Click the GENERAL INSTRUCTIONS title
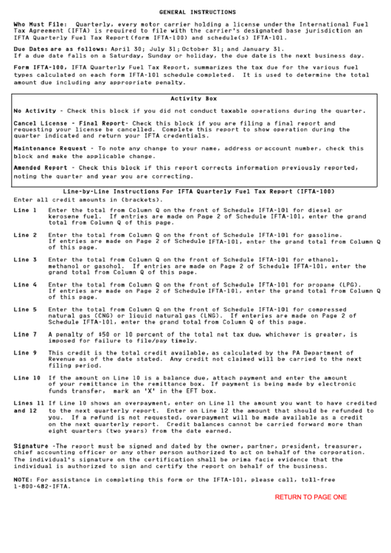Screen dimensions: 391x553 click(x=194, y=13)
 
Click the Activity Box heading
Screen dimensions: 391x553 click(x=193, y=98)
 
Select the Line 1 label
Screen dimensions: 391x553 click(x=25, y=210)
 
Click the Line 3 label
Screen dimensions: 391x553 click(x=25, y=260)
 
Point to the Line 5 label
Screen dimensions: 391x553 click(x=25, y=309)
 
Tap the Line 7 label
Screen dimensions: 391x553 click(x=25, y=334)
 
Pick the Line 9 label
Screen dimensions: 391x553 click(x=25, y=353)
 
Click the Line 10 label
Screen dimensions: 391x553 click(x=27, y=378)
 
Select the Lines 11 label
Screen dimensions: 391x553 click(x=29, y=403)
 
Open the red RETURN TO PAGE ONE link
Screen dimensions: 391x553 click(x=311, y=498)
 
